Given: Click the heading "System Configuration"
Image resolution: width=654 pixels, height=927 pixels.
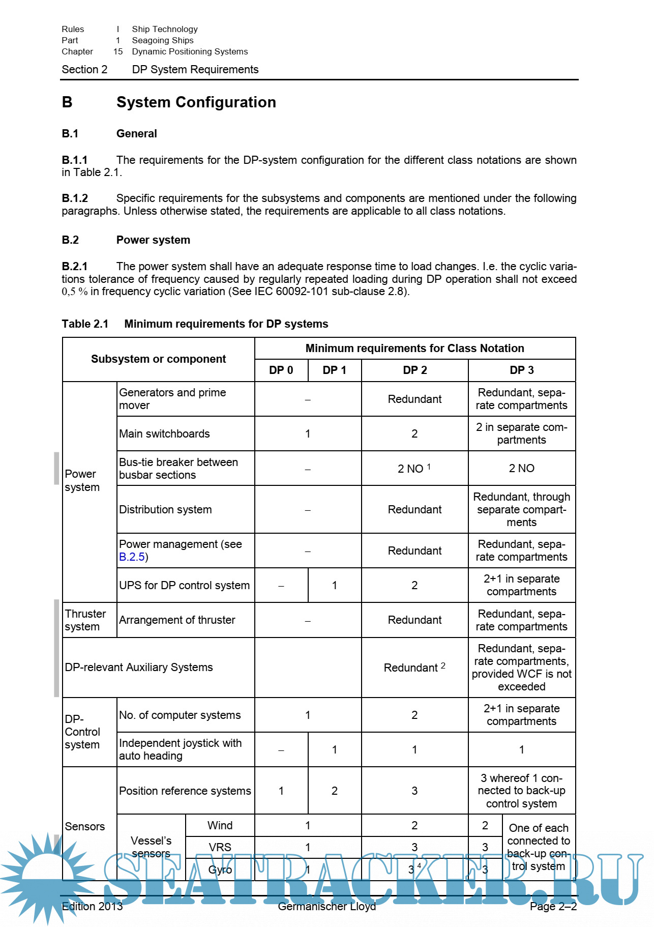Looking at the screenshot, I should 196,102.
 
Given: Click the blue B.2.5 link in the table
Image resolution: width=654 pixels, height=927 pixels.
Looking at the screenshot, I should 132,557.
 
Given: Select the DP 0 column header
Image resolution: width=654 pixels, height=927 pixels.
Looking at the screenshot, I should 281,370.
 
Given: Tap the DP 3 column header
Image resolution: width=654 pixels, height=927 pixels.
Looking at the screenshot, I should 521,370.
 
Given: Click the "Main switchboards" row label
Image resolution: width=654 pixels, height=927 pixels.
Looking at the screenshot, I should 164,434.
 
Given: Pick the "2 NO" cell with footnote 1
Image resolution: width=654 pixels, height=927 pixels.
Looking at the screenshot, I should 414,469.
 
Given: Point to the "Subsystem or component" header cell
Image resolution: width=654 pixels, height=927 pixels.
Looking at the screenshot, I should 158,359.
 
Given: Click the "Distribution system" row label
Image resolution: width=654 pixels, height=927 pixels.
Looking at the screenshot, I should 165,510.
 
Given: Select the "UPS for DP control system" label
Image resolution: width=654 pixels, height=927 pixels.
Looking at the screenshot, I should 184,586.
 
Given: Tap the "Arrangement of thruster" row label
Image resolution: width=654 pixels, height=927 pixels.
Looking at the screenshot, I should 177,620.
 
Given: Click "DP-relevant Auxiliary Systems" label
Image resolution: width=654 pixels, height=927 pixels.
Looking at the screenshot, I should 139,668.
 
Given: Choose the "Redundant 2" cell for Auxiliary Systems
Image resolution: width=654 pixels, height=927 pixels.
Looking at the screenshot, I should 414,668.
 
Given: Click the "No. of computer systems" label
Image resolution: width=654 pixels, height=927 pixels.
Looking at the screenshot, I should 180,715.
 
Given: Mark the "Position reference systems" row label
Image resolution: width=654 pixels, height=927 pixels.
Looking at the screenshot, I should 185,791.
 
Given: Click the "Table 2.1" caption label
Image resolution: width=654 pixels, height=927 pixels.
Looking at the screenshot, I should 85,324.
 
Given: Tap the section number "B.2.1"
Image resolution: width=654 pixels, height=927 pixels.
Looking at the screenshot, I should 75,267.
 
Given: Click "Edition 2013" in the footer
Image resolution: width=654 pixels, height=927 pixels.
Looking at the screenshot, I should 92,907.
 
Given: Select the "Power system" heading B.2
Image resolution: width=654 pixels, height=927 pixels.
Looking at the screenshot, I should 153,240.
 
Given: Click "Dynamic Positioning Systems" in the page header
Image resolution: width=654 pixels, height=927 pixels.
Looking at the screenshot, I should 190,52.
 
